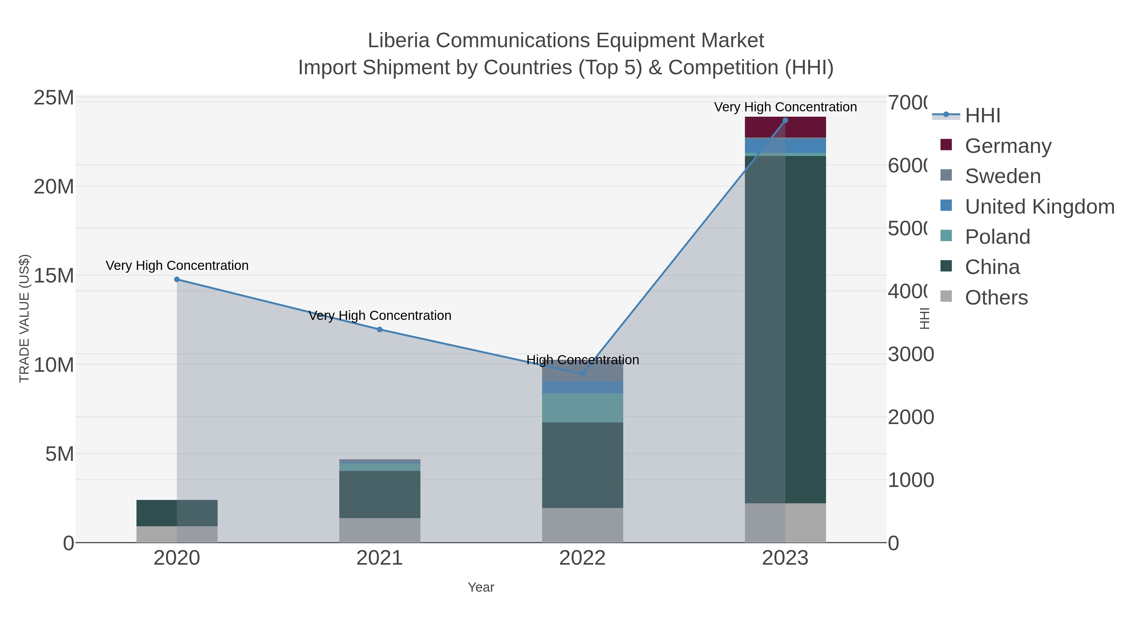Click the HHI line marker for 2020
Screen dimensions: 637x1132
(177, 279)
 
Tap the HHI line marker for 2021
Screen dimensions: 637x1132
(380, 329)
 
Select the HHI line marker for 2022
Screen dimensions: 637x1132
(582, 374)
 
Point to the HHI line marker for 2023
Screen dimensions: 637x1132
(785, 120)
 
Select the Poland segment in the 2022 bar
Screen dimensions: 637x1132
(582, 407)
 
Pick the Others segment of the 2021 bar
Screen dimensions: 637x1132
(380, 530)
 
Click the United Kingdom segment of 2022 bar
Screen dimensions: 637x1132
(582, 387)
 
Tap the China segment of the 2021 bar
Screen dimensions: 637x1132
(380, 494)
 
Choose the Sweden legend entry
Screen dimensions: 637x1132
(1002, 176)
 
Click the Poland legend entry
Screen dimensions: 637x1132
(997, 237)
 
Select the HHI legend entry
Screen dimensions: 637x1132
(983, 116)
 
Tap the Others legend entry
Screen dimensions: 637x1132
(996, 298)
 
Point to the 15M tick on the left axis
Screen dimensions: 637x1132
(53, 276)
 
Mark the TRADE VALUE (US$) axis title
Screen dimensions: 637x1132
(25, 318)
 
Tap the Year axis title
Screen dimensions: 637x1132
(481, 587)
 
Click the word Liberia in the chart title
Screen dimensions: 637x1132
(398, 41)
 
